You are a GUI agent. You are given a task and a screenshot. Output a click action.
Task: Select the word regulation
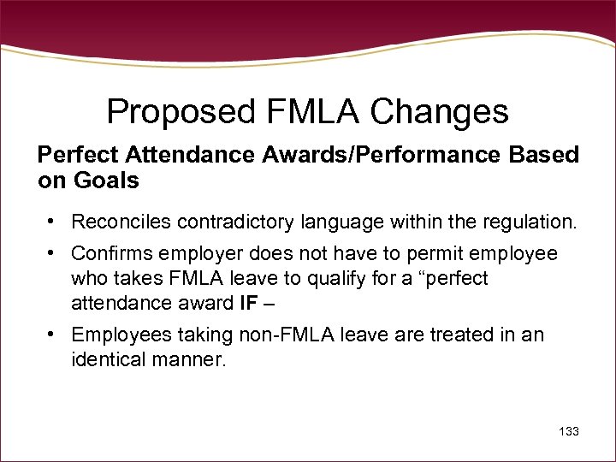pos(525,222)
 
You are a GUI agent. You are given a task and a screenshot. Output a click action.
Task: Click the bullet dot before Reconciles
pos(53,222)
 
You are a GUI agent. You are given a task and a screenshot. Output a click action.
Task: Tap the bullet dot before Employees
pos(53,333)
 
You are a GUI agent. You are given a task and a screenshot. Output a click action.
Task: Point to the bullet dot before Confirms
pos(53,253)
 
